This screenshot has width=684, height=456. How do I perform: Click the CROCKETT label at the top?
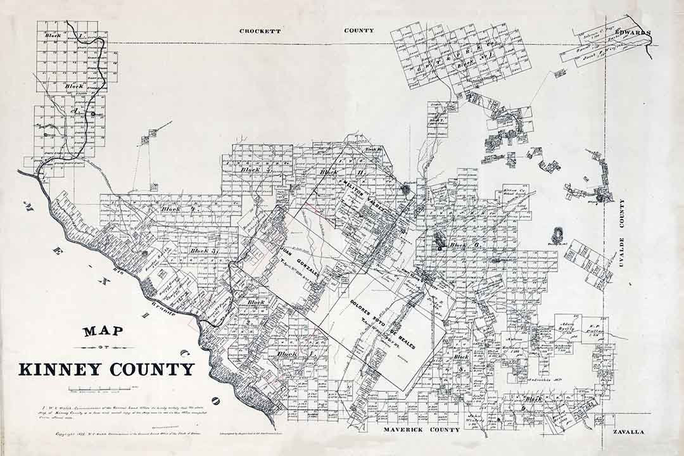click(x=260, y=30)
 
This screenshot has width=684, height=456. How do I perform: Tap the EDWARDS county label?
click(x=631, y=32)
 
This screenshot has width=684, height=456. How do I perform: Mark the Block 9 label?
click(x=533, y=399)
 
